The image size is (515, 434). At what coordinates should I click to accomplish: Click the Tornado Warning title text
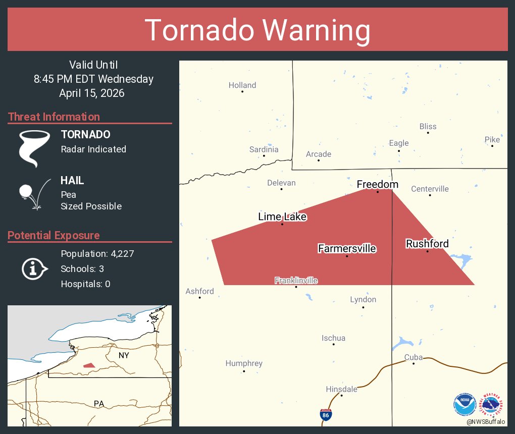[257, 30]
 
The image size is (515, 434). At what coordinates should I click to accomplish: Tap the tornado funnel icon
[34, 148]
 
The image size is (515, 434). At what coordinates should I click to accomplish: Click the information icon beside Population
[34, 268]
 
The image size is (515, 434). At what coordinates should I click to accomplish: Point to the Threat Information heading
[54, 117]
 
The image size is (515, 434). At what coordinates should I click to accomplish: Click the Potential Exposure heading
[54, 235]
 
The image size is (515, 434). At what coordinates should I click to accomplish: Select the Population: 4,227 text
[97, 253]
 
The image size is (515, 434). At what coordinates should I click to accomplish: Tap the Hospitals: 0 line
[85, 284]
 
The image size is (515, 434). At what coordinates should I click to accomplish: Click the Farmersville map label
[347, 248]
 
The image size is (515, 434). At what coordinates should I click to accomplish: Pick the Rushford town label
[427, 244]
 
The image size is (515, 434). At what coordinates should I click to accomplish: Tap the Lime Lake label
[282, 216]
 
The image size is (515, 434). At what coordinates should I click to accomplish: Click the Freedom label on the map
[378, 184]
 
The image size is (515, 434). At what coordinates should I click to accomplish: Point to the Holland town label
[242, 85]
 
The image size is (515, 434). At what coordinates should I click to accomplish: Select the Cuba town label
[413, 357]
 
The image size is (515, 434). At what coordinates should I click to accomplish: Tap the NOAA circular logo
[465, 404]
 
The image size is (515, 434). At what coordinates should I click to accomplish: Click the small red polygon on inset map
[89, 365]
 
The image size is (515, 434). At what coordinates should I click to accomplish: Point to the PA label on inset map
[99, 403]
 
